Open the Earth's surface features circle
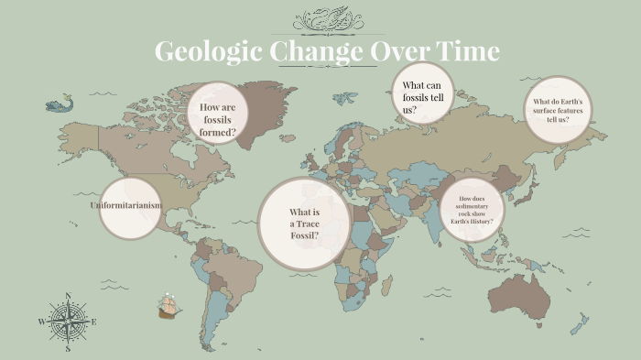pos(558,110)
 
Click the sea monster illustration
pos(59,104)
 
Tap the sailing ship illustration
pos(168,306)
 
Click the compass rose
pos(68,322)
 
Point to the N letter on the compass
pos(68,295)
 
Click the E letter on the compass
pos(93,322)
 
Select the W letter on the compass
pos(41,322)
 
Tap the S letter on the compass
pos(68,349)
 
